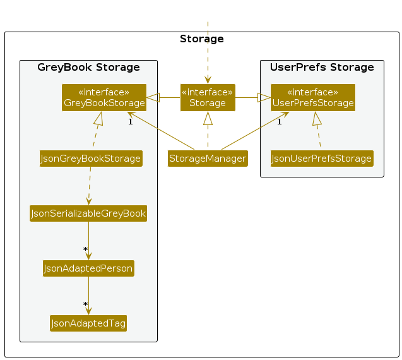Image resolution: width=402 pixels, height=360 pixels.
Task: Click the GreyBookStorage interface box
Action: click(104, 97)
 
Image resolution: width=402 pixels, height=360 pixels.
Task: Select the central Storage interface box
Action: click(208, 97)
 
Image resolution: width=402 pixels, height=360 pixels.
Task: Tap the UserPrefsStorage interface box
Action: click(313, 97)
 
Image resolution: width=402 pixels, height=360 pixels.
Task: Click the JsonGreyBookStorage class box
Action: click(90, 158)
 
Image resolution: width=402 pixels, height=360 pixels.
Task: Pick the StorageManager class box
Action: click(208, 158)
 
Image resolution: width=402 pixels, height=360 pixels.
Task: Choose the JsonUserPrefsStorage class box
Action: click(322, 158)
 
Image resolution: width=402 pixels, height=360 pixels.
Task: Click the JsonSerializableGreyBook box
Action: click(88, 213)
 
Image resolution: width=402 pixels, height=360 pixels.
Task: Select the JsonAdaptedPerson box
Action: click(88, 268)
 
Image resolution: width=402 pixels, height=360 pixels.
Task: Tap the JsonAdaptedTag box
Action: click(88, 323)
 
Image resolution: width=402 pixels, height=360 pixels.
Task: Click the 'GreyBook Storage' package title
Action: click(88, 68)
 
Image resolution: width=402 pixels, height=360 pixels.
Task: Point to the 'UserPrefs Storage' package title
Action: click(322, 68)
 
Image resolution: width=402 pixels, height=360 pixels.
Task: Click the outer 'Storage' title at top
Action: click(202, 39)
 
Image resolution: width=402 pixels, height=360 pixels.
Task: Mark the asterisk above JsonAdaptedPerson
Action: click(85, 250)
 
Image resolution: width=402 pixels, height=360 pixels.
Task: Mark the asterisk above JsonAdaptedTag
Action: click(85, 305)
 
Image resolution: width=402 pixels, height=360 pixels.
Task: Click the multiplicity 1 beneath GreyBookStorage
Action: click(130, 121)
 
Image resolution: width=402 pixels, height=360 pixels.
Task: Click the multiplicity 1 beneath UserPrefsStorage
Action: click(279, 121)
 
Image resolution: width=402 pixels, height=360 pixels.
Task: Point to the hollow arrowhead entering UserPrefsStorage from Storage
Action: click(264, 97)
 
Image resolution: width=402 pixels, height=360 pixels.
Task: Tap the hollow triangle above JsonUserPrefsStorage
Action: click(317, 118)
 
